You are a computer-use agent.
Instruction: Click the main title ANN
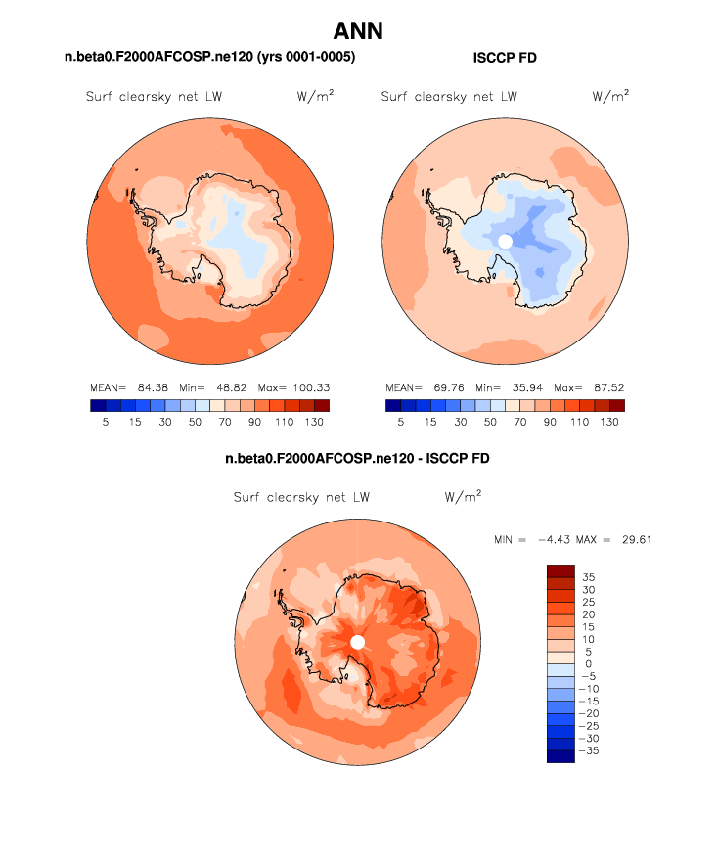358,31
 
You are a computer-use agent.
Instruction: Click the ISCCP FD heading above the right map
504,59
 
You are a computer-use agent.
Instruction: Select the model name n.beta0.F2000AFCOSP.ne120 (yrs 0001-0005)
209,59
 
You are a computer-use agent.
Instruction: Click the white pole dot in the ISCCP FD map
505,241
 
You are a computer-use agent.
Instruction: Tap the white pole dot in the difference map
357,641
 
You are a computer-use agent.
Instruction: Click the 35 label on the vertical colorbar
588,576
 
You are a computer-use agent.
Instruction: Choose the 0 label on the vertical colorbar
589,663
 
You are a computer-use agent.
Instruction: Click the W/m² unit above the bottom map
463,497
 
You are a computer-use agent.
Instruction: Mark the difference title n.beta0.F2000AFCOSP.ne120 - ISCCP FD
357,458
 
